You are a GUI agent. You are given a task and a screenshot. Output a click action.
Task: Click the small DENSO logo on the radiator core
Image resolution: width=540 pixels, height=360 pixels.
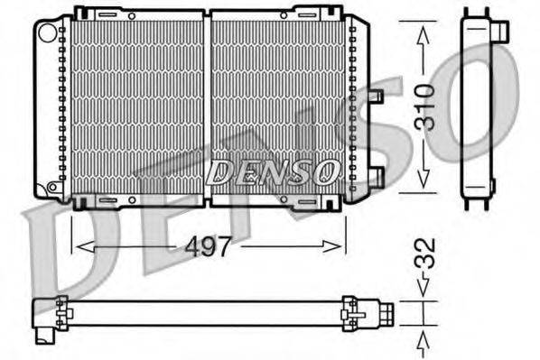tap(271, 171)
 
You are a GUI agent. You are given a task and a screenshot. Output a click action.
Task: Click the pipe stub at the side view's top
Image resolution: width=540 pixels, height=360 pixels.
tap(498, 31)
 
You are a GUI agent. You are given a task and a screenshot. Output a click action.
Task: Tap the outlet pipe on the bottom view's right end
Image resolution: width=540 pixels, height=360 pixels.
tap(386, 312)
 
